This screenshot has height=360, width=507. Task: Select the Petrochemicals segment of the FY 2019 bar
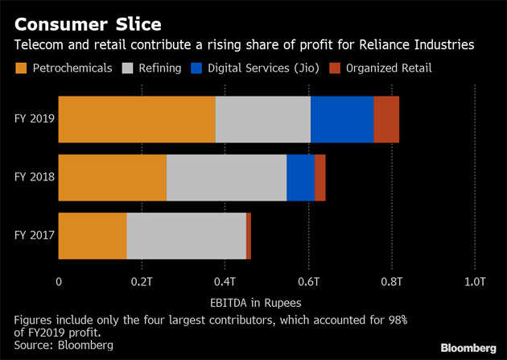pyautogui.click(x=137, y=119)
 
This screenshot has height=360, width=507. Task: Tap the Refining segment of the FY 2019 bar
pyautogui.click(x=262, y=119)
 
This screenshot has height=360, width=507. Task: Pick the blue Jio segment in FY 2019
pyautogui.click(x=341, y=119)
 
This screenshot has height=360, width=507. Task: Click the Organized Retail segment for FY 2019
pyautogui.click(x=385, y=119)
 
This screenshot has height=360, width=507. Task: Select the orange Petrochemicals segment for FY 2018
pyautogui.click(x=112, y=177)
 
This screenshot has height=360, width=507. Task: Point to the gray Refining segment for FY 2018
pyautogui.click(x=226, y=177)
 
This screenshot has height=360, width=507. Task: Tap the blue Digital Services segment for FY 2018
pyautogui.click(x=300, y=177)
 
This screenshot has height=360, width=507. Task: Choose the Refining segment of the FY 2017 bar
pyautogui.click(x=186, y=236)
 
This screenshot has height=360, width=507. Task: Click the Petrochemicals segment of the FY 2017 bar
pyautogui.click(x=93, y=236)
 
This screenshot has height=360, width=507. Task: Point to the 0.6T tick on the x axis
pyautogui.click(x=308, y=282)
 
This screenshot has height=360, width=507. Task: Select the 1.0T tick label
pyautogui.click(x=475, y=282)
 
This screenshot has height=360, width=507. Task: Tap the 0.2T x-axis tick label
pyautogui.click(x=142, y=282)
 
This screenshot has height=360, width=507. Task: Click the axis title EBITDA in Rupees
pyautogui.click(x=266, y=303)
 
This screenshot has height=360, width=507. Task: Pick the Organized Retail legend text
pyautogui.click(x=389, y=68)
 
